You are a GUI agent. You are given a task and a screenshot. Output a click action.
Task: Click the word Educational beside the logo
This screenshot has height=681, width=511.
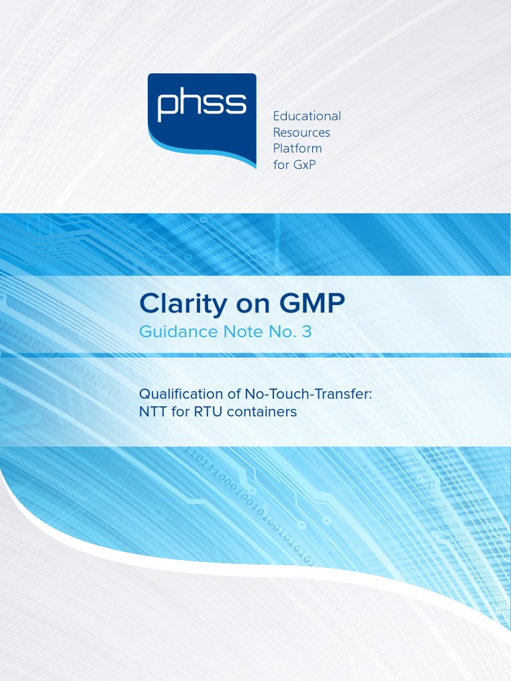click(307, 116)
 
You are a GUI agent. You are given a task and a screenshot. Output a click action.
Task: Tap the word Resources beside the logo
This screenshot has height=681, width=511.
click(301, 132)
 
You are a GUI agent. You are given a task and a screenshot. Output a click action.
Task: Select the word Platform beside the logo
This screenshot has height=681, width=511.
click(297, 148)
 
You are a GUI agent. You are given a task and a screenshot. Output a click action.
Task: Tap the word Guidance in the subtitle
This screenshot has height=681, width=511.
click(174, 332)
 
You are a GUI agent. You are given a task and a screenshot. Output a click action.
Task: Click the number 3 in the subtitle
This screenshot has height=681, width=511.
click(306, 332)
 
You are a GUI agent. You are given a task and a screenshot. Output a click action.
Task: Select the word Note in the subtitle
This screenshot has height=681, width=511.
click(236, 332)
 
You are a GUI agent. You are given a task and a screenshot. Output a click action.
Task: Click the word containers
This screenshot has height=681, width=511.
click(261, 412)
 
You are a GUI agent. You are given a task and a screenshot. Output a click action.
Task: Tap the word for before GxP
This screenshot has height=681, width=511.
click(281, 164)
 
